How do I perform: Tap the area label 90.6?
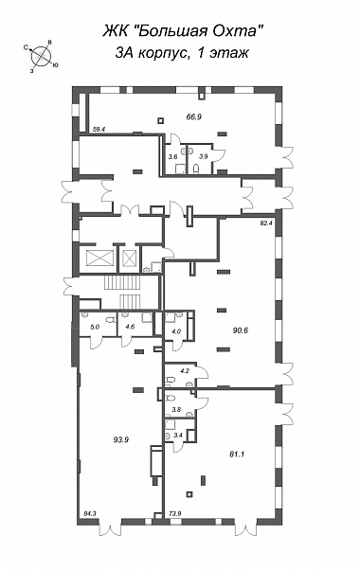pyautogui.click(x=241, y=330)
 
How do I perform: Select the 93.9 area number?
pyautogui.click(x=121, y=439)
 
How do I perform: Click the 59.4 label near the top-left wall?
pyautogui.click(x=99, y=128)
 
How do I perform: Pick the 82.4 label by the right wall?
pyautogui.click(x=266, y=223)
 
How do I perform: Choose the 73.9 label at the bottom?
pyautogui.click(x=175, y=514)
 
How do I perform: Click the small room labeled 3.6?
pyautogui.click(x=174, y=159)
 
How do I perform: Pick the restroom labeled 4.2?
pyautogui.click(x=180, y=375)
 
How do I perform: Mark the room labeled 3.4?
pyautogui.click(x=178, y=431)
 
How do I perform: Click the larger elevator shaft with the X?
pyautogui.click(x=99, y=259)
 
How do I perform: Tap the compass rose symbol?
pyautogui.click(x=41, y=57)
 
